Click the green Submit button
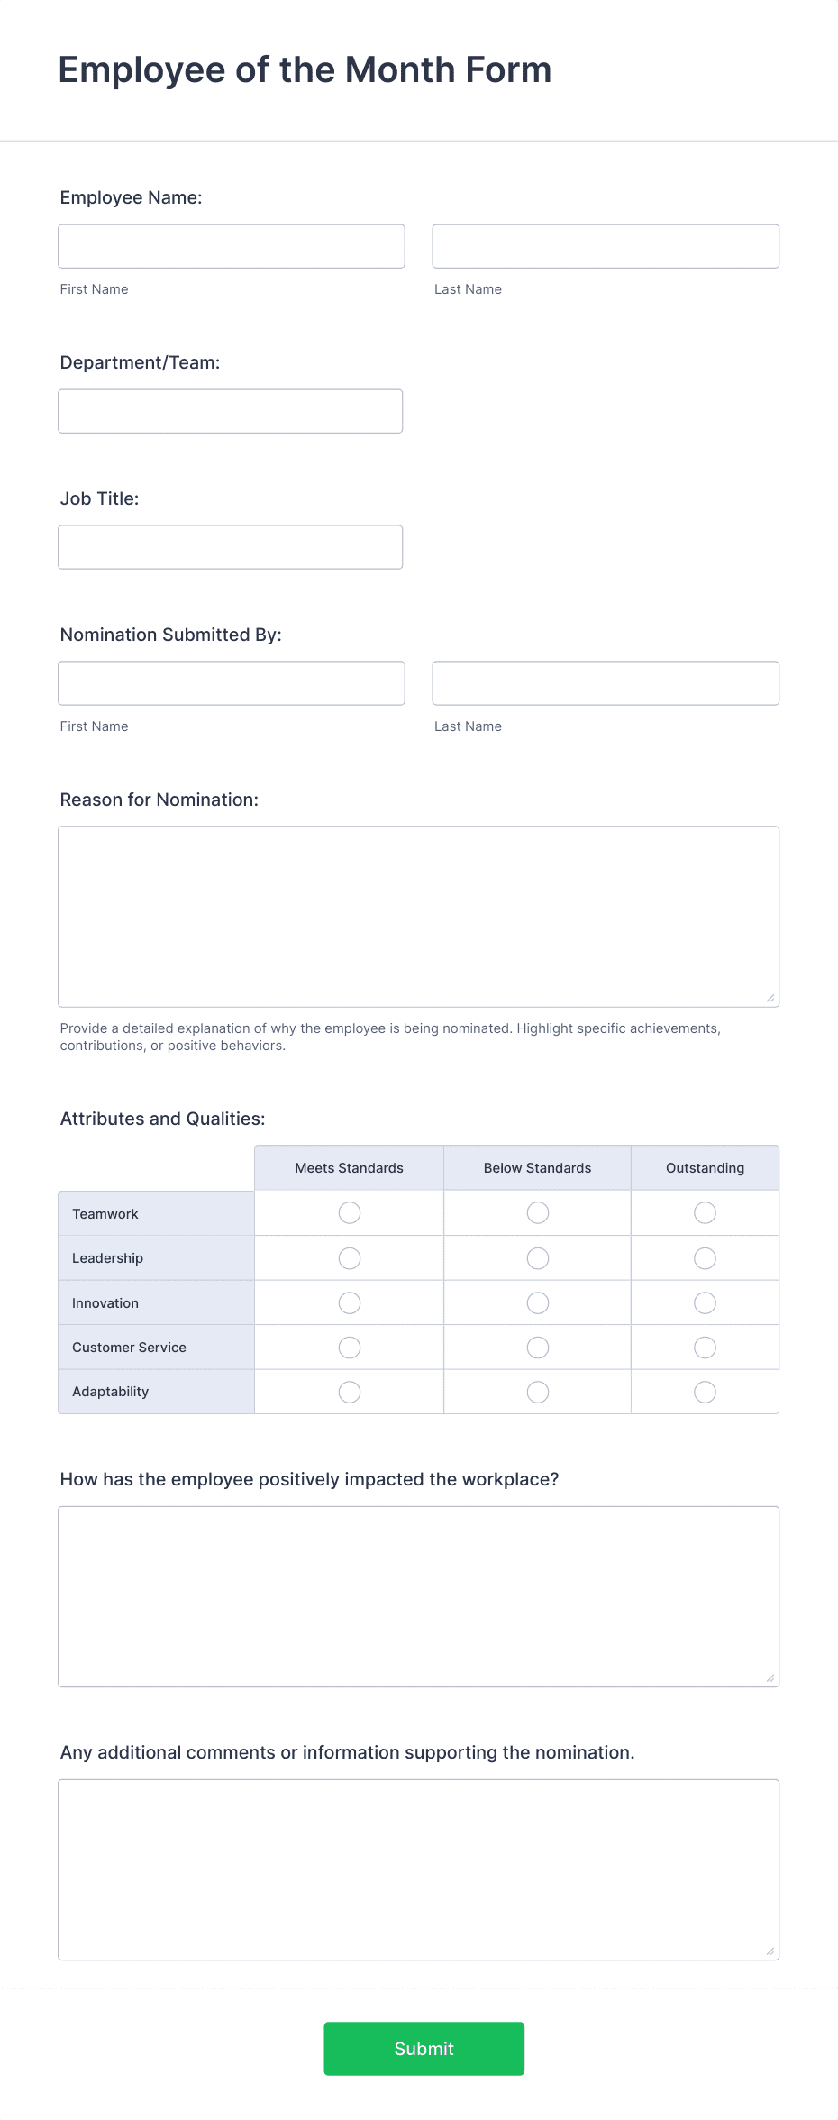(x=424, y=2048)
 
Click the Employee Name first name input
(x=232, y=246)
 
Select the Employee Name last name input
(x=606, y=246)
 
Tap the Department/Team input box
(x=231, y=411)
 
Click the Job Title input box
(x=231, y=547)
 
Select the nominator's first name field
(x=232, y=683)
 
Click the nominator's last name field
(x=606, y=683)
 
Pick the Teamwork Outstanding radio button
(x=705, y=1213)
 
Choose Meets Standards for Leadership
(x=350, y=1258)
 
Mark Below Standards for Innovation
(x=538, y=1303)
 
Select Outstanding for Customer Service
(x=705, y=1348)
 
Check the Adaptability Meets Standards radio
(x=350, y=1393)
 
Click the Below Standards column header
(x=537, y=1168)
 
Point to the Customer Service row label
(x=129, y=1348)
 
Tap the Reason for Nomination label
(x=159, y=800)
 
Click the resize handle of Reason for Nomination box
(x=770, y=998)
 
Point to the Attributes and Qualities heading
(x=162, y=1119)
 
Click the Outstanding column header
(x=705, y=1168)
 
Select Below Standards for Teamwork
(x=538, y=1213)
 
